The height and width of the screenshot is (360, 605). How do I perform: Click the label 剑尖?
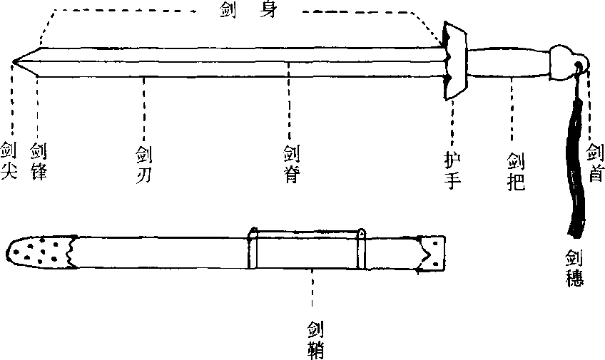click(x=9, y=160)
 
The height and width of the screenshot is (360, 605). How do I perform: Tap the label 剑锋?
click(x=39, y=162)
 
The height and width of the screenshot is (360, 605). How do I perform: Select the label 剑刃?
click(x=144, y=164)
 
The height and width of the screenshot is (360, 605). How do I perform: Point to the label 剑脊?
click(x=291, y=164)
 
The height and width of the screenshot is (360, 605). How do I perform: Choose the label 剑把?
click(x=517, y=172)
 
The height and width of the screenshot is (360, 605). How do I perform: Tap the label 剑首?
click(x=595, y=163)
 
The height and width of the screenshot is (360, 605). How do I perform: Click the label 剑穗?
click(x=574, y=268)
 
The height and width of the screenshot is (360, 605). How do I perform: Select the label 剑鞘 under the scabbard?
click(x=315, y=340)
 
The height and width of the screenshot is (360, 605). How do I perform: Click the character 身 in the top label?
click(x=268, y=9)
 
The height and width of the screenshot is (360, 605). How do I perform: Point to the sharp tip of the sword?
click(x=13, y=61)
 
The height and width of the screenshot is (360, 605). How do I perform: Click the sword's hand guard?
click(x=454, y=61)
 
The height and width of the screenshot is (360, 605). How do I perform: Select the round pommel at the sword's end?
click(x=564, y=63)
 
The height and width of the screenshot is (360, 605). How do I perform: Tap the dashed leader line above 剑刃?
click(x=144, y=109)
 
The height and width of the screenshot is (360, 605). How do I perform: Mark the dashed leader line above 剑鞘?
click(x=312, y=288)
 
